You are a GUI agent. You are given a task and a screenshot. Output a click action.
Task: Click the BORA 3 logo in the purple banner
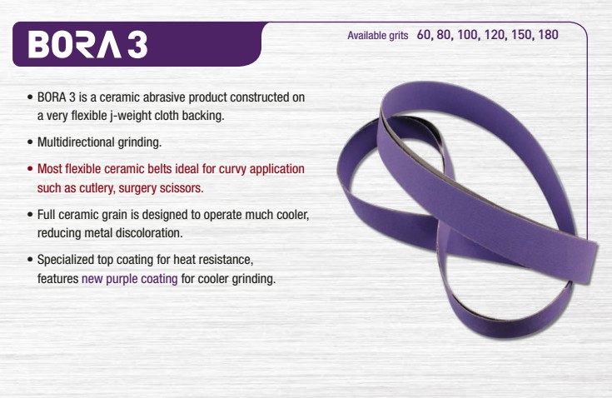87,44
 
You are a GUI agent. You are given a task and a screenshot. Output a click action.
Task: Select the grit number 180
548,35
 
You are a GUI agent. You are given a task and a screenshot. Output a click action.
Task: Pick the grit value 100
468,35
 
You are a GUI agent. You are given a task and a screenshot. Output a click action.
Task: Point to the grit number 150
522,35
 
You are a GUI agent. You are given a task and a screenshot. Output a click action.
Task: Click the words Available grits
378,36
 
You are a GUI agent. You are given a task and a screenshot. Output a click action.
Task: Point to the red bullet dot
30,169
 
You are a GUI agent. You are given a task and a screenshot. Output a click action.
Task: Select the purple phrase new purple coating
130,279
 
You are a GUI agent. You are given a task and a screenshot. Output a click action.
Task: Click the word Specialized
65,260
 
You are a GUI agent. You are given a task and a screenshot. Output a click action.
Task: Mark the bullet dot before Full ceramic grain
30,215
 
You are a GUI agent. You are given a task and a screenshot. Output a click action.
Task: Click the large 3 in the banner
137,44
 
